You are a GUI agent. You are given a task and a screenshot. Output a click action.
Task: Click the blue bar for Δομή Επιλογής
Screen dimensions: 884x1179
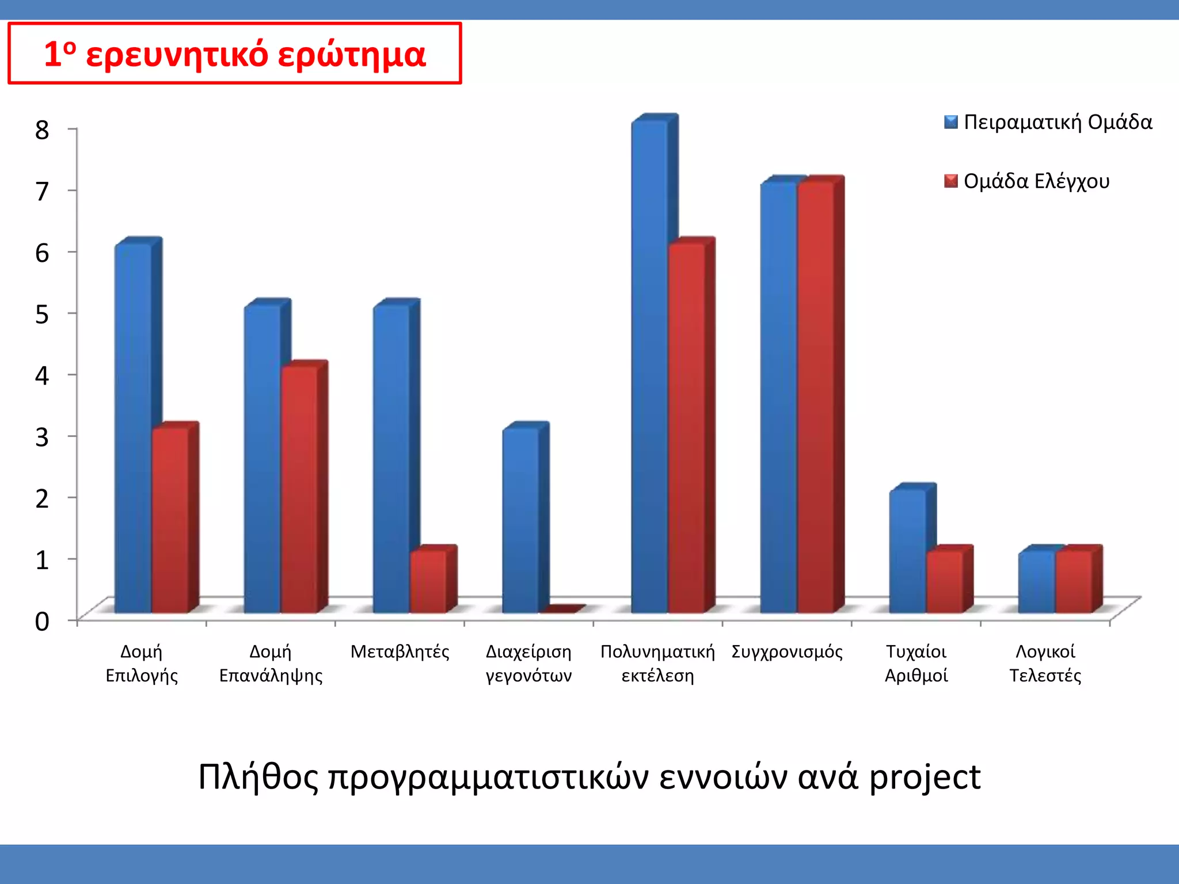tap(134, 429)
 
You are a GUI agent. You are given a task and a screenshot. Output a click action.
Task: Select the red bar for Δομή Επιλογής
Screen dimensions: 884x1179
tap(170, 521)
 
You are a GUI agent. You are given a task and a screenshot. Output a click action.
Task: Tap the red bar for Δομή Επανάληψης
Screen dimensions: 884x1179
tap(299, 489)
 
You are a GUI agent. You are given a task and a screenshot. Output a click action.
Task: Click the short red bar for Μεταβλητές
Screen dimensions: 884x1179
tap(428, 581)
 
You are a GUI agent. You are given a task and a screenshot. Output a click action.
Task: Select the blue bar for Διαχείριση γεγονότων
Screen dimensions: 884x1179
tap(521, 521)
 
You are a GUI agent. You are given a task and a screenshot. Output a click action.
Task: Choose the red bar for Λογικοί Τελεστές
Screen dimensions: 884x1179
tap(1074, 581)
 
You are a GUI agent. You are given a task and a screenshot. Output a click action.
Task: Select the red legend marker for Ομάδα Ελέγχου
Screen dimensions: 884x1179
tap(950, 181)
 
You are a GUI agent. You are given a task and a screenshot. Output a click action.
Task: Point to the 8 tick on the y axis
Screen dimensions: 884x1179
tap(42, 129)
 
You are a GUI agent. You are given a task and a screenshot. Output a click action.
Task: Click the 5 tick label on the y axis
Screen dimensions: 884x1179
tap(42, 314)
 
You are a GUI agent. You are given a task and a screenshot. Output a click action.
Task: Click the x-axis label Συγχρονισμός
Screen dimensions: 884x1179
tap(787, 652)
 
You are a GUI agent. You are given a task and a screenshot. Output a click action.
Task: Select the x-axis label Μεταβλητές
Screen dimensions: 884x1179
tap(400, 652)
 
